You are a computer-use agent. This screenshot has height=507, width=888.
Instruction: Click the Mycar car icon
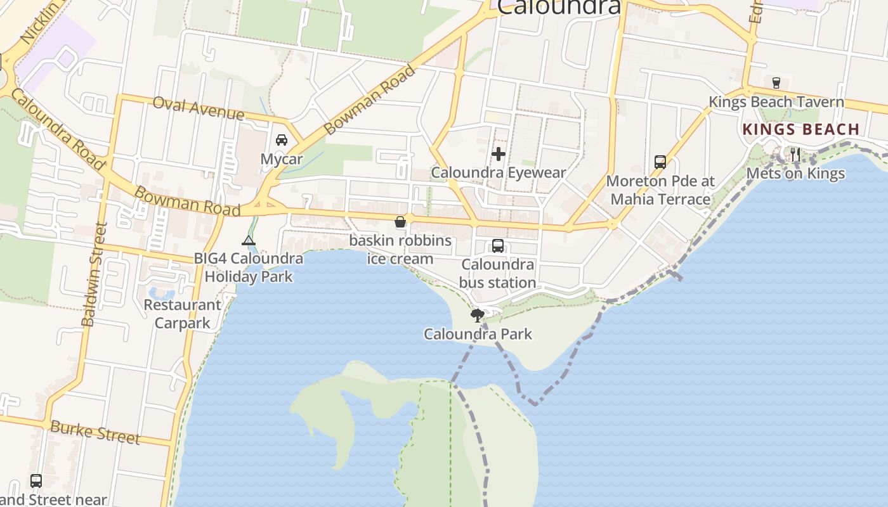(x=282, y=140)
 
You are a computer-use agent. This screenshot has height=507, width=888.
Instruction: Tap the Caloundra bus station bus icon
(x=498, y=246)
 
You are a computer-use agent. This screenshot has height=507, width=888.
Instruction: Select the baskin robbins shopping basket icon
(x=400, y=222)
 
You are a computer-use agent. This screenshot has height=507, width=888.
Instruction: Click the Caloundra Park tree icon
(x=477, y=315)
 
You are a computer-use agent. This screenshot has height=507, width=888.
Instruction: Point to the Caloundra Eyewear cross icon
(x=499, y=153)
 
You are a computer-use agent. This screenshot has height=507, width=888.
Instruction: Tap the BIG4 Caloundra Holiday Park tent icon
(x=249, y=240)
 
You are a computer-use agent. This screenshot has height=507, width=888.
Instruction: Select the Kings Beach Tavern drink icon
(x=776, y=82)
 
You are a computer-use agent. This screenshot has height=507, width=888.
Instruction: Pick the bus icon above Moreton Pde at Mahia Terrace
(x=660, y=162)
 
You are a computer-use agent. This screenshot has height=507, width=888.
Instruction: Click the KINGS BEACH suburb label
(x=800, y=129)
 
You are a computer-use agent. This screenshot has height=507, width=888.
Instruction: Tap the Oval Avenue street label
(x=199, y=108)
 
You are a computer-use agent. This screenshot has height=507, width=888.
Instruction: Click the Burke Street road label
(x=95, y=432)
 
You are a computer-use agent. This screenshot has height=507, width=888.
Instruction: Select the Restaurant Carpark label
(x=183, y=314)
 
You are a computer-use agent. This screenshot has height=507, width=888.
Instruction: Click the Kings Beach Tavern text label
(x=776, y=102)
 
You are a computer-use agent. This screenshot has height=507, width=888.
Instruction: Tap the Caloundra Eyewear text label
(x=499, y=172)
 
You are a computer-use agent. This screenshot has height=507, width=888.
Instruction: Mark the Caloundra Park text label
(x=478, y=334)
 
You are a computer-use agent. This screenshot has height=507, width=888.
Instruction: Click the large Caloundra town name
(x=558, y=6)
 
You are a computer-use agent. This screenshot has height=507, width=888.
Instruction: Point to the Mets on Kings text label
(x=795, y=174)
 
